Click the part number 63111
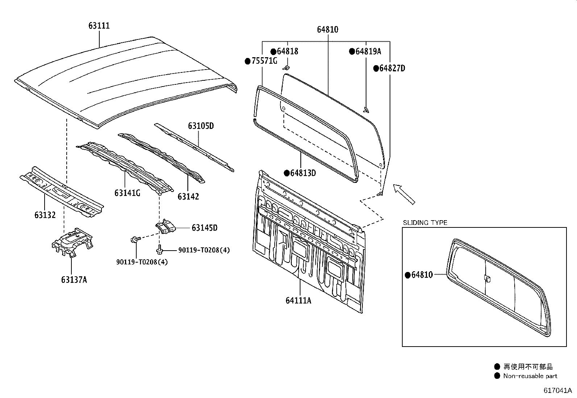coord(99,25)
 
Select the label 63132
coord(45,215)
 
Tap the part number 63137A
coord(74,280)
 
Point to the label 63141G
coord(127,193)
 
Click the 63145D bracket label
coord(204,227)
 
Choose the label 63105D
coord(201,126)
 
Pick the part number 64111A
coord(298,300)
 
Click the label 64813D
coord(303,173)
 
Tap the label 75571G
coord(264,61)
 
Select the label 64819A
coord(368,51)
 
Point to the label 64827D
coord(392,68)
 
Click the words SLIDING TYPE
coord(425,223)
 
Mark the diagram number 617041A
coord(558,390)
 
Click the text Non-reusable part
coord(530,376)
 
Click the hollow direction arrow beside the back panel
coord(404,194)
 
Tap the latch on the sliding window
coord(487,278)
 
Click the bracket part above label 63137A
coord(72,242)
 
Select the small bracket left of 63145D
coord(165,227)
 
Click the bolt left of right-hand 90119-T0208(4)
coord(159,250)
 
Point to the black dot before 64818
coord(273,51)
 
